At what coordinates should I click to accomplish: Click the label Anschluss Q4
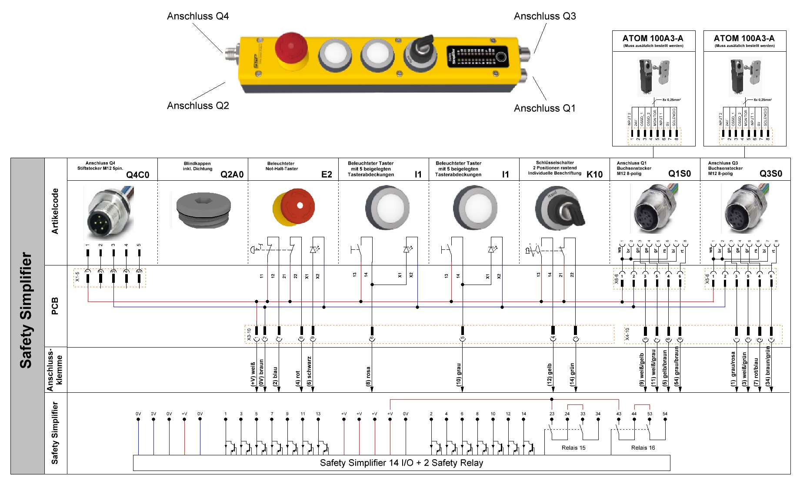coord(198,17)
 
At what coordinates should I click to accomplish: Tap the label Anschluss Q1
coord(544,108)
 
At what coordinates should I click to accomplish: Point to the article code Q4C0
coord(137,175)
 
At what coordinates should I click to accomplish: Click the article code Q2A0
coord(232,175)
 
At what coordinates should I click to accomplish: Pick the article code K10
coord(594,175)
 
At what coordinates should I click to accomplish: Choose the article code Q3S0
coord(770,174)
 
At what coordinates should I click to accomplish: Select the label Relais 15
coord(573,448)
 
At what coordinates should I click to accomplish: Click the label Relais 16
coord(643,448)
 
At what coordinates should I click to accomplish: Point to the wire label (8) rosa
coord(368,376)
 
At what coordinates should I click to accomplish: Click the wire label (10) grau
coord(459,375)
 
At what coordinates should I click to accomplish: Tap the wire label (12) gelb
coord(550,375)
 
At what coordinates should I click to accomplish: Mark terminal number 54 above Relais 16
coord(665,414)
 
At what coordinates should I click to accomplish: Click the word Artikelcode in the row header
coord(55,211)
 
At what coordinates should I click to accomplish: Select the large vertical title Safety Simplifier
coord(27,310)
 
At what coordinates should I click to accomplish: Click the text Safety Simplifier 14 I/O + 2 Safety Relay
coord(401,463)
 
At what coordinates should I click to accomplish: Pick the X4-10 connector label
coord(627,334)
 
